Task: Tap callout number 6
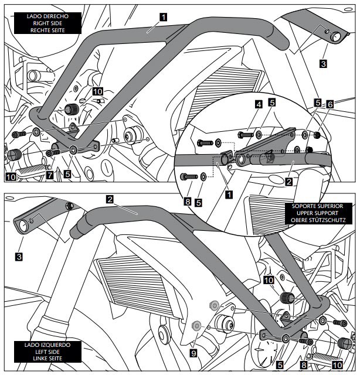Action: coord(331,103)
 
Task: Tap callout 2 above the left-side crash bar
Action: coord(110,199)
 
